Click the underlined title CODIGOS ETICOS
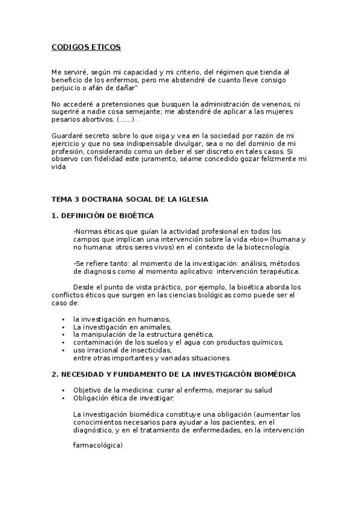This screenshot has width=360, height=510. click(86, 46)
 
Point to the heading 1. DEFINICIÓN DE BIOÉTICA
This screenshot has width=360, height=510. click(103, 215)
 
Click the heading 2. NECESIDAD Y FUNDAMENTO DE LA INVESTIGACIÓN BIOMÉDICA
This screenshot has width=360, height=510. click(173, 374)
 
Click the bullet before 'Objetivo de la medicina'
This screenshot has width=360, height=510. click(63, 390)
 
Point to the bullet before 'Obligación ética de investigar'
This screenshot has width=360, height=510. click(63, 398)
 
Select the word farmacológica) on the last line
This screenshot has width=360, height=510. click(97, 446)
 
